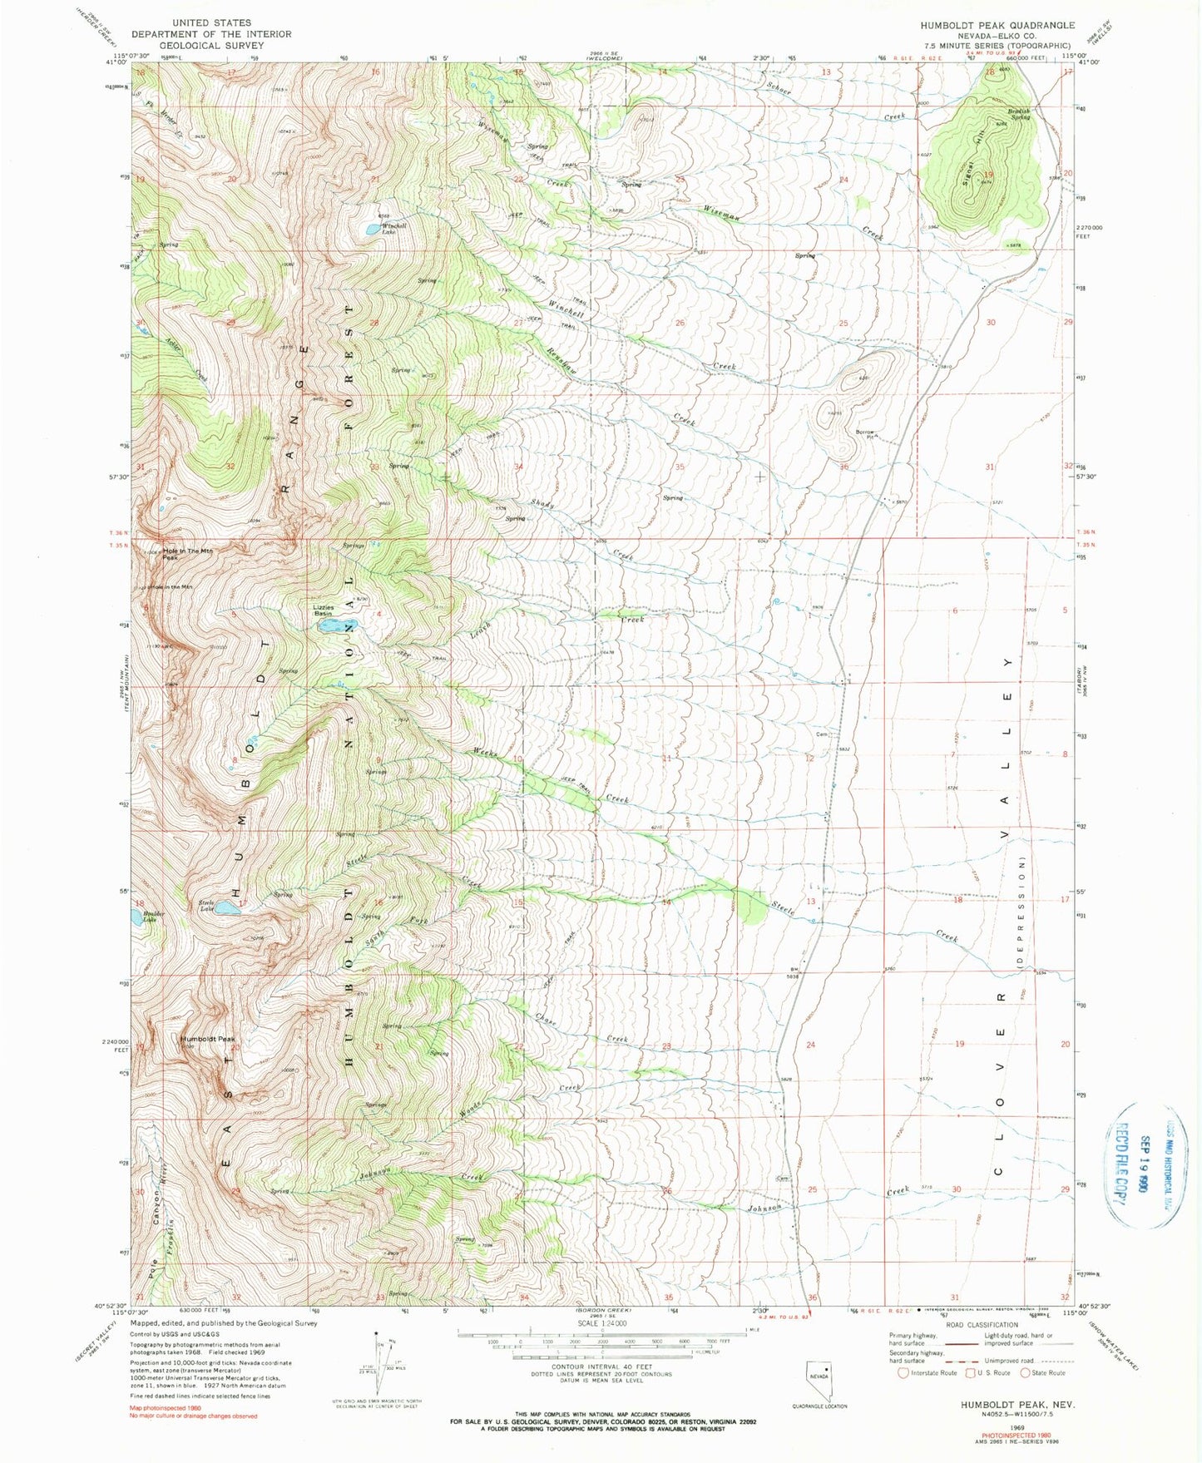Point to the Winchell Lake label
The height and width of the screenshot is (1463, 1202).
(x=393, y=229)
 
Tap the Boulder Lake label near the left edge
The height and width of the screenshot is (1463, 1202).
(x=149, y=917)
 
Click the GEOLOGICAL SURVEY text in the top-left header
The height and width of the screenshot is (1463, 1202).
(x=211, y=46)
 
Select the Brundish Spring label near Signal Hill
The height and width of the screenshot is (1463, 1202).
(x=1019, y=113)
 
